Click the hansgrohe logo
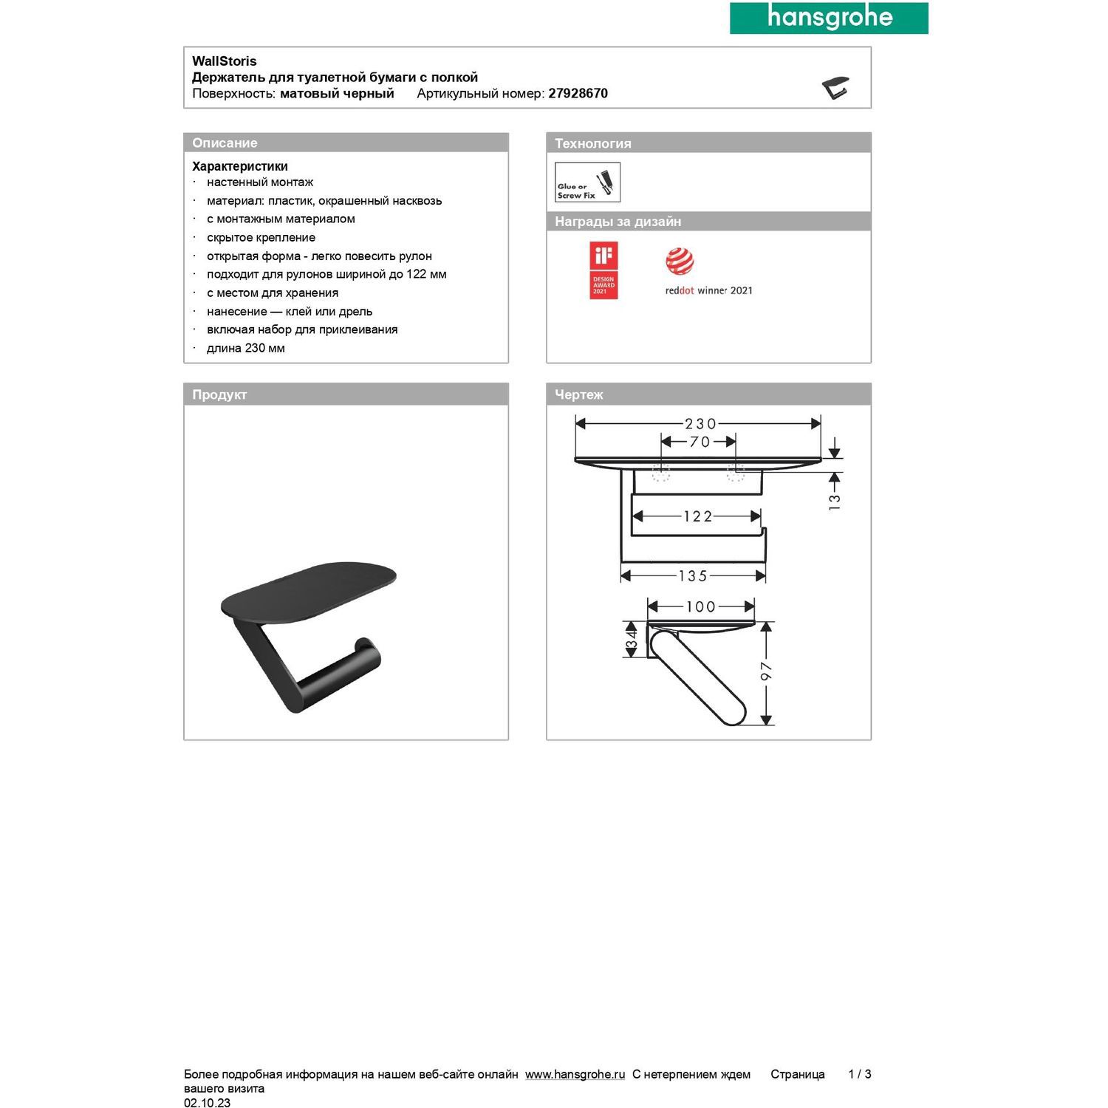tap(829, 18)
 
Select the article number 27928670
tap(578, 94)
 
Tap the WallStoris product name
tap(225, 61)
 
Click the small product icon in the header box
tap(835, 87)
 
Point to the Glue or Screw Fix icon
tap(587, 182)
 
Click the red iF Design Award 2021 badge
tap(603, 270)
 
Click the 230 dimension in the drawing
tap(700, 424)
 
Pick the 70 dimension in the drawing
tap(699, 442)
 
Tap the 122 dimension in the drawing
tap(697, 516)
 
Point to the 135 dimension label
tap(693, 576)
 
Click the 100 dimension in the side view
tap(700, 607)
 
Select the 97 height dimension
tap(766, 671)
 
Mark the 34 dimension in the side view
tap(632, 640)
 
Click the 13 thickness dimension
tap(835, 502)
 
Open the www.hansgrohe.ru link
tap(575, 1075)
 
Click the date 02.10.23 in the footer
tap(207, 1103)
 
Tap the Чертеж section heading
tap(579, 395)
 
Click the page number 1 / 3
tap(860, 1075)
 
